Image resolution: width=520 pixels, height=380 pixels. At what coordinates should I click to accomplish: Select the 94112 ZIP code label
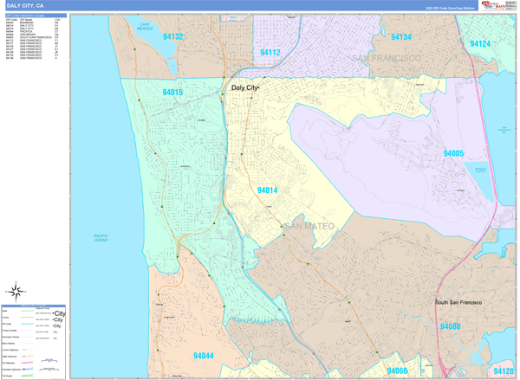click(270, 53)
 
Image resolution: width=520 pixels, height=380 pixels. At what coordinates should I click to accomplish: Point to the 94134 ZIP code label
click(400, 37)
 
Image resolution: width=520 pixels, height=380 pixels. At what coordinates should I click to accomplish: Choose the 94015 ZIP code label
click(172, 92)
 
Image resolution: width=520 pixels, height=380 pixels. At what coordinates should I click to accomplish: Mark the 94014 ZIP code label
click(267, 190)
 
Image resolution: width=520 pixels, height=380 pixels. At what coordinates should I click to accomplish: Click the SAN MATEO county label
click(308, 227)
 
